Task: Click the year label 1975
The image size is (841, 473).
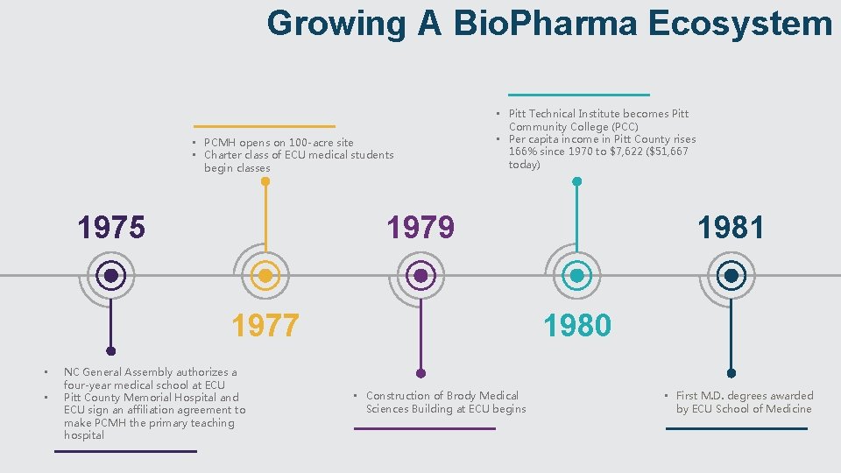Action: [111, 228]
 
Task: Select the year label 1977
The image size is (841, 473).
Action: [265, 326]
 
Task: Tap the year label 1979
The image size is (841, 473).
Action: [420, 228]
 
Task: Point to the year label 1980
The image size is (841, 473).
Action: [576, 326]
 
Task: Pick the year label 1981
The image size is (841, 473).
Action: [731, 228]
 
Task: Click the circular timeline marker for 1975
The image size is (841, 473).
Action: [111, 276]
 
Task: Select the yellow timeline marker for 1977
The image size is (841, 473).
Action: [265, 276]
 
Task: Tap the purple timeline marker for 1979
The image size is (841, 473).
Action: [420, 276]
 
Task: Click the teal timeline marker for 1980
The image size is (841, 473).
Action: [576, 276]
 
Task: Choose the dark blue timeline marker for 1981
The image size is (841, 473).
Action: [731, 276]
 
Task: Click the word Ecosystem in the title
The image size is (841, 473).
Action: [740, 24]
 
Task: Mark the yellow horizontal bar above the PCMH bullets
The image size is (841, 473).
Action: [265, 126]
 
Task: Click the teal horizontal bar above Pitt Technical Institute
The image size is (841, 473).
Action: [579, 94]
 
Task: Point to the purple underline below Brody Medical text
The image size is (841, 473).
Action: [424, 428]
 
